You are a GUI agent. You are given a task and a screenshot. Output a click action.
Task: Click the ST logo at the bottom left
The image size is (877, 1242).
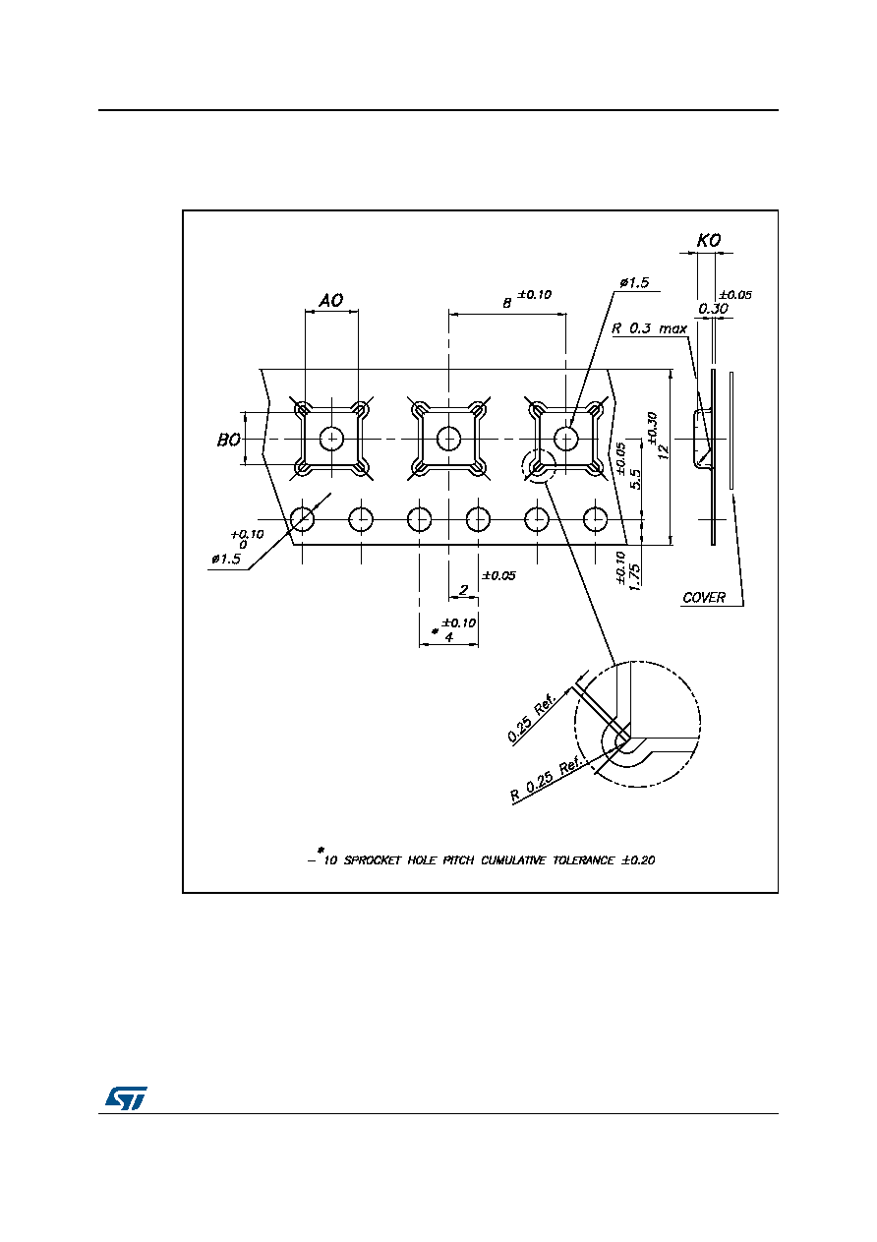coord(127,1097)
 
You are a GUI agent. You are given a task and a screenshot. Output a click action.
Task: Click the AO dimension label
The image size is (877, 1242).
coord(331,301)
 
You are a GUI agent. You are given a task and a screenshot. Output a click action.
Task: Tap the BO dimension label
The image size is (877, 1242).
coord(228,441)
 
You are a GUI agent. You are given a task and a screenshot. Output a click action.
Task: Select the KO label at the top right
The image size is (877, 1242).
coord(709,241)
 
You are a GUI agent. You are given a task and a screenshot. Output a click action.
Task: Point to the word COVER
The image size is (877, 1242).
coord(704,597)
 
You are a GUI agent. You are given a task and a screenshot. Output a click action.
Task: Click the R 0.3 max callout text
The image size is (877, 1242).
coord(649,328)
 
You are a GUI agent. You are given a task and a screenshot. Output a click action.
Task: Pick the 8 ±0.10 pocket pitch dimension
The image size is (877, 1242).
coord(527,298)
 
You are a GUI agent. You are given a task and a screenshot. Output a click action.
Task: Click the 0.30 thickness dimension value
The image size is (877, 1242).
coord(713,308)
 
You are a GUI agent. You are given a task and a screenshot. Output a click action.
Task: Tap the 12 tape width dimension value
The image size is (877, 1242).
coord(664,452)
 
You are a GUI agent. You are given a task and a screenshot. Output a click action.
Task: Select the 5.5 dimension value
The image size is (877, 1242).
coord(635,479)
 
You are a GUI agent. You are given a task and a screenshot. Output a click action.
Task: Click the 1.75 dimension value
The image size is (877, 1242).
coord(635,577)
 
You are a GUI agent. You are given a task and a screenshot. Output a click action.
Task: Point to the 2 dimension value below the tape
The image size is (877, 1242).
coord(463,589)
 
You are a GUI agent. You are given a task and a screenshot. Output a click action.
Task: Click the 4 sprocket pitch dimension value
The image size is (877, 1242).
coord(449,637)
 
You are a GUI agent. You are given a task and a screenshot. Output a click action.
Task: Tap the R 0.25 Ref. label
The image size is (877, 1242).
coord(546,779)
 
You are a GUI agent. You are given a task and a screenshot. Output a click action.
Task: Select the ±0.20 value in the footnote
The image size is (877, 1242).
coord(638,860)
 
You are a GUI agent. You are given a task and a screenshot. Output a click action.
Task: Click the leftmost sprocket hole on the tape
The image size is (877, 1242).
coord(302,519)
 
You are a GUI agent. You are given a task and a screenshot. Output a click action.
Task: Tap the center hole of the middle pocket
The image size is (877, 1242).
coord(448,439)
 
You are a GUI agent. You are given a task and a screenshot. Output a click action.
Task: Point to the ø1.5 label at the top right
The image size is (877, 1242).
coord(634,283)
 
